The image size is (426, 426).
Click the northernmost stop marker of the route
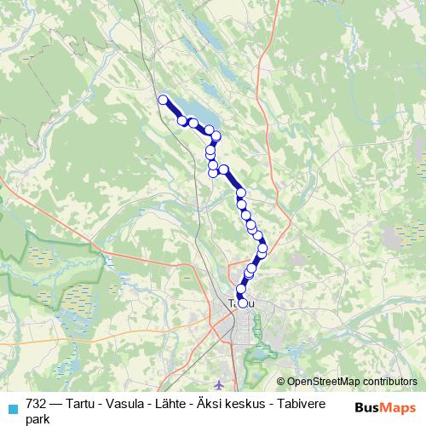pos(163,100)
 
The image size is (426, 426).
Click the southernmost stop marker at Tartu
pos(243,302)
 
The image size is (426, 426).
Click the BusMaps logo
pos(386,406)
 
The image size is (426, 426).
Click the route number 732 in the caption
pos(37,405)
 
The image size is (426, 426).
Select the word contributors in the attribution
pos(389,383)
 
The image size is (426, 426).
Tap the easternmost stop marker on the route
pos(262,249)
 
